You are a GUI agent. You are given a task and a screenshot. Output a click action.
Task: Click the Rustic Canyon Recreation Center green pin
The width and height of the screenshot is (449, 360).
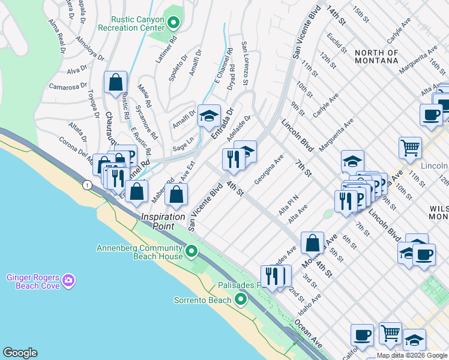[x=174, y=23]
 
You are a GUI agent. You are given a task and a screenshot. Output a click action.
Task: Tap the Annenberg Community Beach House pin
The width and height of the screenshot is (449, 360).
[x=191, y=251]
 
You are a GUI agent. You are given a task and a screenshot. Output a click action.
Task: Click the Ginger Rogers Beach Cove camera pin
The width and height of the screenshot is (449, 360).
[x=68, y=280]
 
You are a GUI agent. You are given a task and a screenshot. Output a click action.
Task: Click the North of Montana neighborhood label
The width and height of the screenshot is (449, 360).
[x=376, y=56]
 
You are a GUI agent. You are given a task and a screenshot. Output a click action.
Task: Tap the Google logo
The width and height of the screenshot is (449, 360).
[x=20, y=353]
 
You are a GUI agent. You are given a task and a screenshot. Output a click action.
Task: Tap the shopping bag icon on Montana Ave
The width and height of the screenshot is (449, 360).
[x=313, y=243]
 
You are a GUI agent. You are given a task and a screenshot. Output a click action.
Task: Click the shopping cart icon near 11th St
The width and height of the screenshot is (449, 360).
[x=410, y=146]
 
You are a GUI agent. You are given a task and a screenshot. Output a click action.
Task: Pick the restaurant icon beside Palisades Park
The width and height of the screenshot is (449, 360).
[x=271, y=276]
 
